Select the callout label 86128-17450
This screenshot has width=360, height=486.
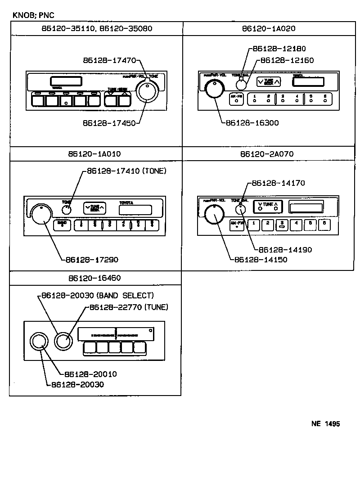[x=109, y=122]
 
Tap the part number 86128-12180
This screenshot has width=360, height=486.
[x=279, y=49]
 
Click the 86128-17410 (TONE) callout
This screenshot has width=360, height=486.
[x=126, y=171]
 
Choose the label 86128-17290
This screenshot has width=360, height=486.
[x=92, y=260]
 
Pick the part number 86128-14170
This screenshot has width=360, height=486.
[x=279, y=183]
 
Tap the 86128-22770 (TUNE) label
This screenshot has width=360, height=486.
[x=129, y=307]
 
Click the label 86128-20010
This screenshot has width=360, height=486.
[x=91, y=374]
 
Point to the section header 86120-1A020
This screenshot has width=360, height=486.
[x=269, y=28]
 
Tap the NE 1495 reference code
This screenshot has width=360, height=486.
[x=325, y=424]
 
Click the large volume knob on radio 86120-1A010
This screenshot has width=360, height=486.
[x=41, y=214]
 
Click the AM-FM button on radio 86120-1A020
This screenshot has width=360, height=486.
[x=236, y=99]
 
